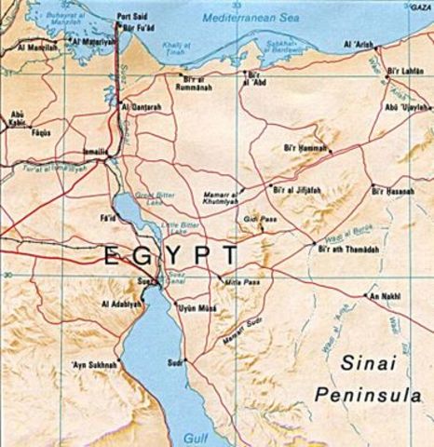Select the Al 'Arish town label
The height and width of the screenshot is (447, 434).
click(358, 44)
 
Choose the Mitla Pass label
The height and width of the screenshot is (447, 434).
click(240, 280)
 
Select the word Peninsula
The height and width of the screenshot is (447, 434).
click(361, 395)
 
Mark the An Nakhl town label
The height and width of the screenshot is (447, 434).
click(384, 296)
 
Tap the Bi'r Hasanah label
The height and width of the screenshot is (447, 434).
click(391, 191)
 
